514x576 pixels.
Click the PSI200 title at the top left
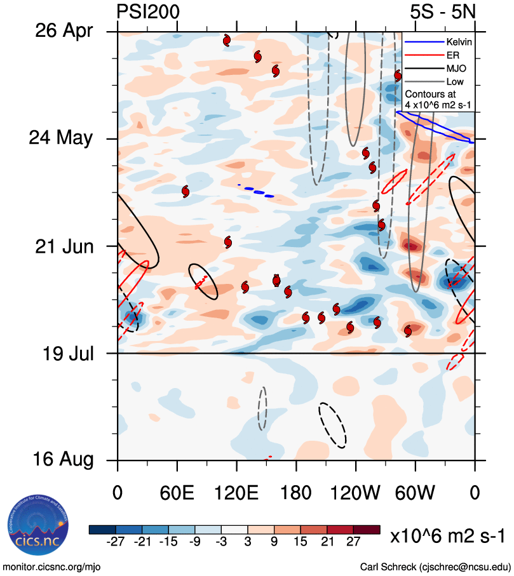148,11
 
